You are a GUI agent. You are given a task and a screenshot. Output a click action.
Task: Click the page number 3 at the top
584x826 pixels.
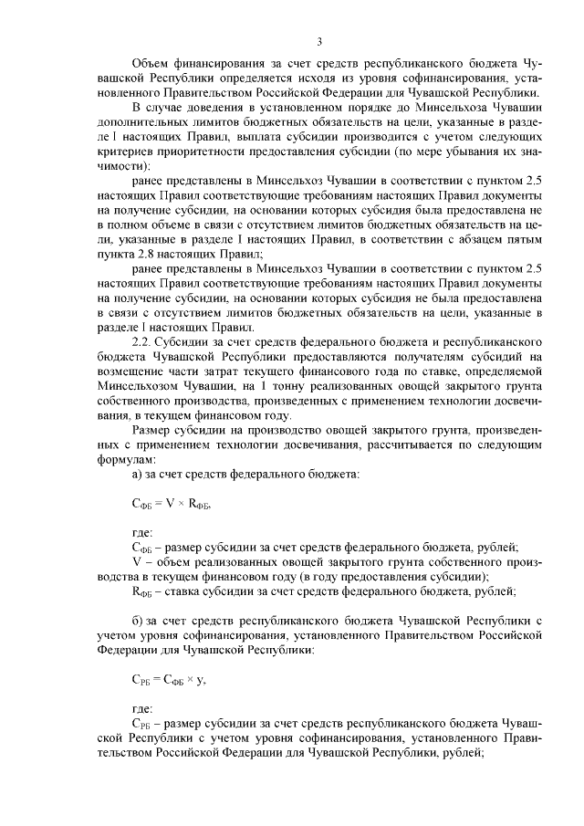pyautogui.click(x=319, y=41)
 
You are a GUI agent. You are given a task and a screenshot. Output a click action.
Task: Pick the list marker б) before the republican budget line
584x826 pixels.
pyautogui.click(x=139, y=622)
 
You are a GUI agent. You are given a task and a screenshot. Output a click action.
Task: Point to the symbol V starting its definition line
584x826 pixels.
pyautogui.click(x=136, y=562)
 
